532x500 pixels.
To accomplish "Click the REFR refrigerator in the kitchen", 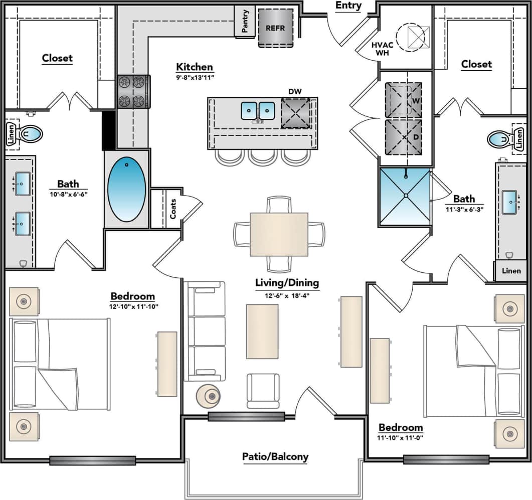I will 275,28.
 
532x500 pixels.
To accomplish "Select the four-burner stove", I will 134,91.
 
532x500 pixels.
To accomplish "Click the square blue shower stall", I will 405,197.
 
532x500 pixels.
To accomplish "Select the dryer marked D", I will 403,136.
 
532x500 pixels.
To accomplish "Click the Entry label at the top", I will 348,6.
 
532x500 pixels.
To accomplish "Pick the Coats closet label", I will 173,208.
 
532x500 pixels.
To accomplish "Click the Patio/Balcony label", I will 275,457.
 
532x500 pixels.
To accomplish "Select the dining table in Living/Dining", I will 279,234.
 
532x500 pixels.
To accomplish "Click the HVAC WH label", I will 381,49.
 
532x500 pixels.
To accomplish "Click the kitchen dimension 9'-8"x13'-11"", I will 195,78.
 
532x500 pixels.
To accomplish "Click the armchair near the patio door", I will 263,391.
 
